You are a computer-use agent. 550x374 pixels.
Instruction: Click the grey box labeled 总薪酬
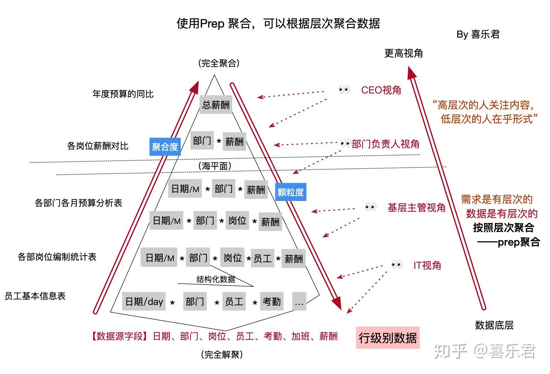[216, 105]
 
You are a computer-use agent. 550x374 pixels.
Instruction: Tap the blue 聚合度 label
[165, 147]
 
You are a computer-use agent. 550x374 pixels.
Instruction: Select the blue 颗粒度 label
[291, 192]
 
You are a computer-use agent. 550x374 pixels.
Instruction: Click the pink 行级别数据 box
[387, 338]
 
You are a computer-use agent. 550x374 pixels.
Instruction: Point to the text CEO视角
[381, 90]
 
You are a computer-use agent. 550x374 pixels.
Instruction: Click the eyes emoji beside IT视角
[397, 265]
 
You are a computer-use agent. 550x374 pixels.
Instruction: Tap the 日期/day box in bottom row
[144, 301]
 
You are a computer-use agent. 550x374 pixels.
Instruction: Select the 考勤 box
[272, 301]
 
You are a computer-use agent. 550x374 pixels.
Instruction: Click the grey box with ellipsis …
[299, 301]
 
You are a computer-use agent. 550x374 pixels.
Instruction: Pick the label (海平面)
[215, 166]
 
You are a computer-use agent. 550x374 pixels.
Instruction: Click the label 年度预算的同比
[123, 94]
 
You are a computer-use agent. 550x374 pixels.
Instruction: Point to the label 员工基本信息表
[35, 296]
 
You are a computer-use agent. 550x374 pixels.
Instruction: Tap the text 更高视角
[403, 53]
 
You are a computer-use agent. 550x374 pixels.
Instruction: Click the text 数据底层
[494, 325]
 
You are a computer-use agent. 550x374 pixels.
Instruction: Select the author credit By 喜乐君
[478, 35]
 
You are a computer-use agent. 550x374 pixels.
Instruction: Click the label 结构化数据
[216, 279]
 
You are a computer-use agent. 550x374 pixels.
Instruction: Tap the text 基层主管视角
[417, 208]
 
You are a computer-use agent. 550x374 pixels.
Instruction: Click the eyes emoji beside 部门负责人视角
[346, 144]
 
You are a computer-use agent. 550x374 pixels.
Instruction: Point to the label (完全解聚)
[222, 354]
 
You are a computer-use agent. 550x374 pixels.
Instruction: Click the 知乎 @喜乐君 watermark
[485, 351]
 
